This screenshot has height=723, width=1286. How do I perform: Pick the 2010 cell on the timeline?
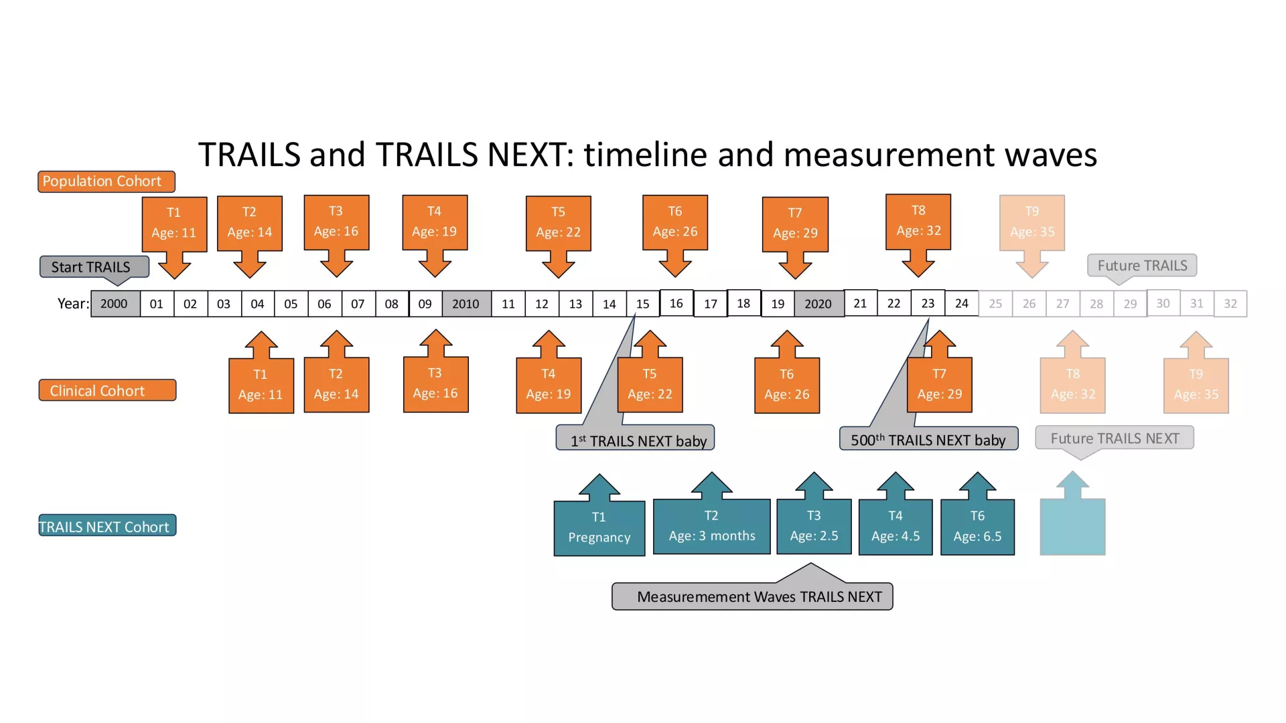466,304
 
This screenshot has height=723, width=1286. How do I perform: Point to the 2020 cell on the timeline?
818,304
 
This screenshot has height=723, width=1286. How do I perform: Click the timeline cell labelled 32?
1230,304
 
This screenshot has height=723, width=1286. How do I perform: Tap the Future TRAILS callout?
1142,266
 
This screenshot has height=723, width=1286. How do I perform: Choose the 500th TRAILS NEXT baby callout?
928,440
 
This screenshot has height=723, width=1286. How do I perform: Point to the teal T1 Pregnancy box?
599,528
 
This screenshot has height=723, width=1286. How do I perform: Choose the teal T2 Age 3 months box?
712,526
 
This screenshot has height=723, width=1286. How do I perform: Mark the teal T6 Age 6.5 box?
977,527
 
